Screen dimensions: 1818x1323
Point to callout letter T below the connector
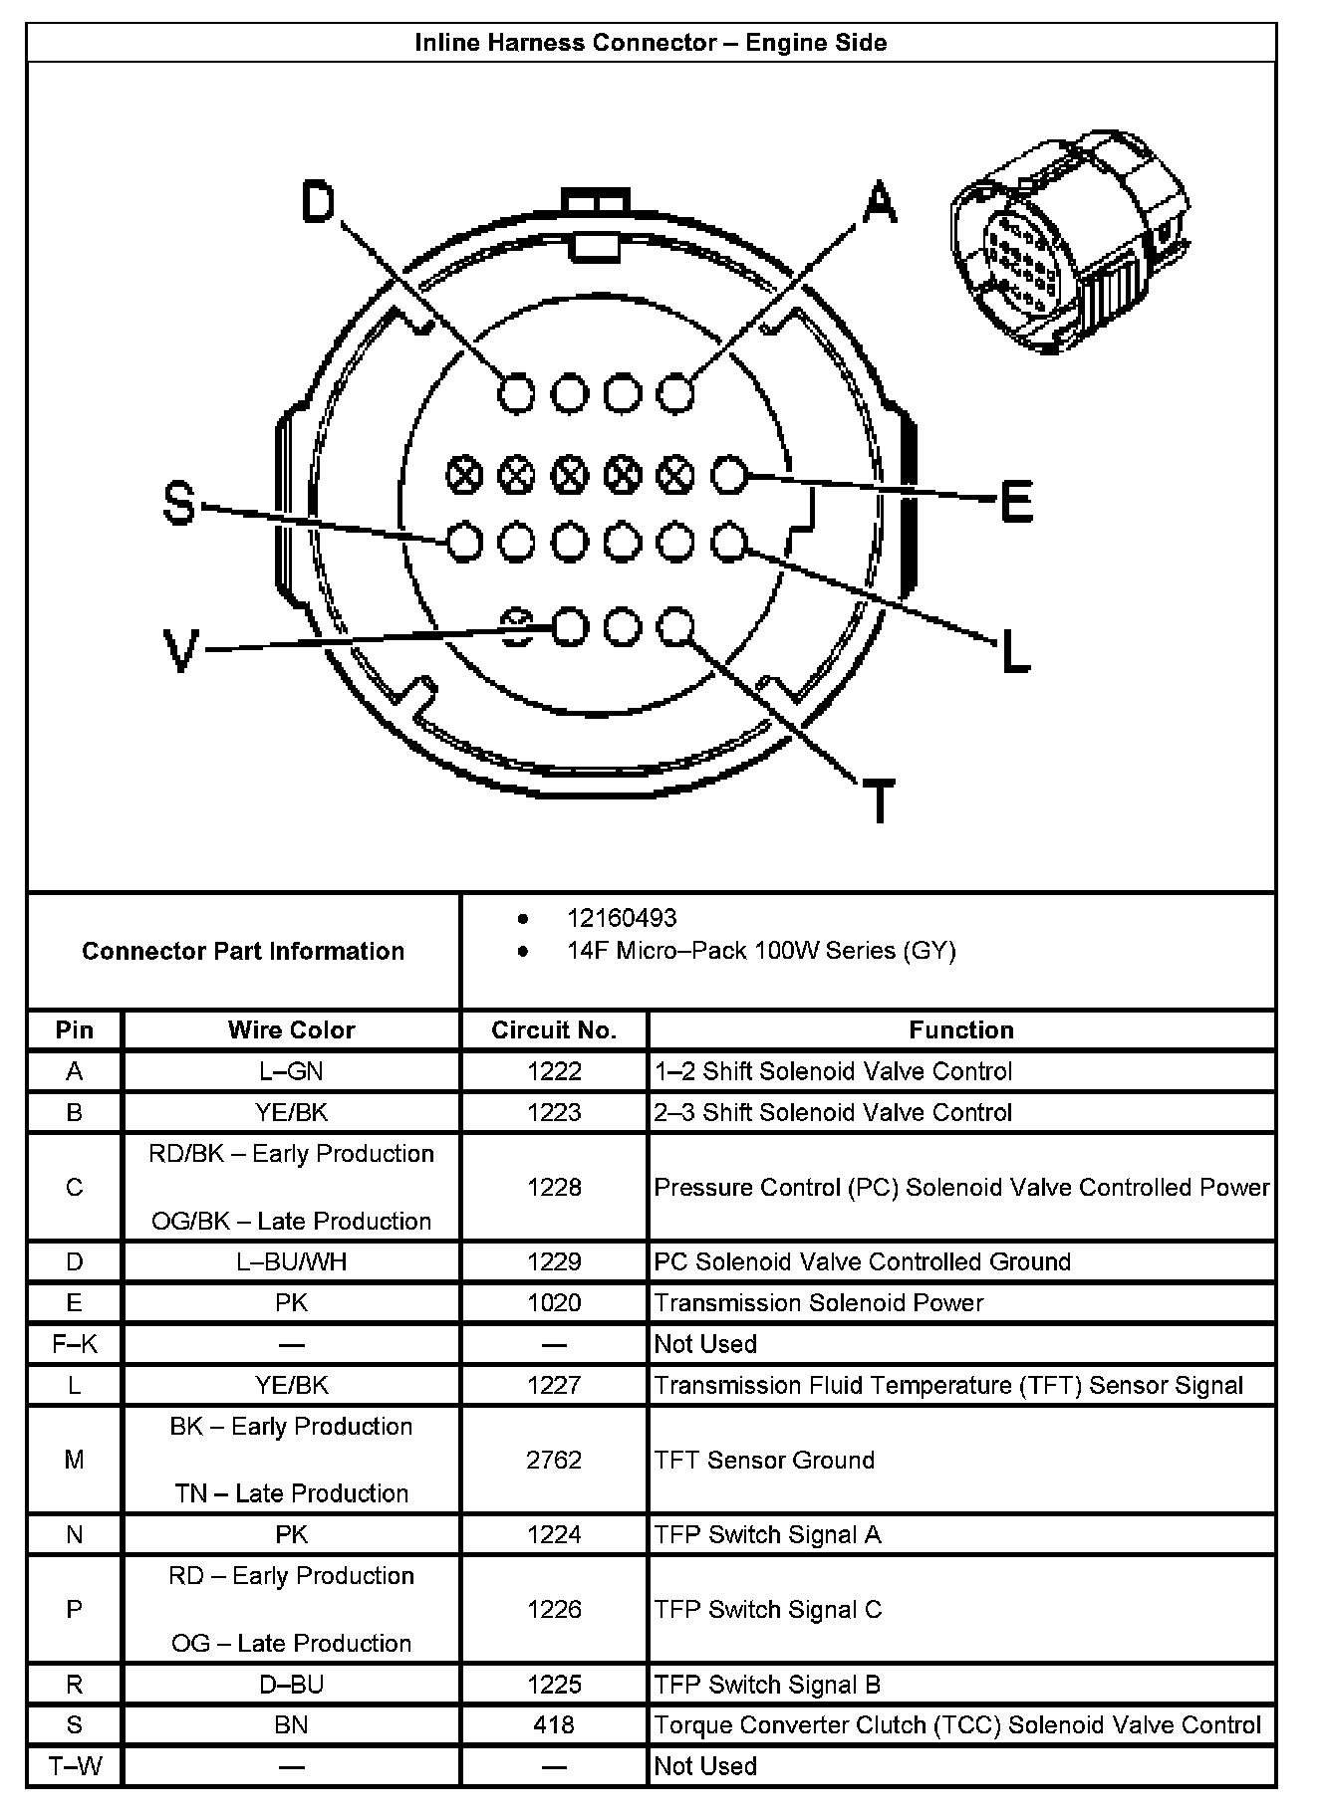878,800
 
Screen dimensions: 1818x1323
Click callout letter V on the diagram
180,651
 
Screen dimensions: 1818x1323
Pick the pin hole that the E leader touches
728,476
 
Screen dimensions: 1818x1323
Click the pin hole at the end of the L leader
728,543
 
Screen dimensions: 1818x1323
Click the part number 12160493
622,918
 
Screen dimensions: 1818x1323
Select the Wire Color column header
291,1029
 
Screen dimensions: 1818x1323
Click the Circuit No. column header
554,1029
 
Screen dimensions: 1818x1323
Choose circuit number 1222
554,1071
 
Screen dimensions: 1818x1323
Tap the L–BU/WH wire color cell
291,1261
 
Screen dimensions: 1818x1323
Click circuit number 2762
554,1460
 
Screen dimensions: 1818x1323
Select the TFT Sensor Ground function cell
764,1460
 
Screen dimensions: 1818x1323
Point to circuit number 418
554,1724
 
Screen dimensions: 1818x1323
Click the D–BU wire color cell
291,1684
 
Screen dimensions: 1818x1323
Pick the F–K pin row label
75,1344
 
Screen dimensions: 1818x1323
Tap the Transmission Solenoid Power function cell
818,1302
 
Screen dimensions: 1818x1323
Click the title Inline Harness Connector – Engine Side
651,43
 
